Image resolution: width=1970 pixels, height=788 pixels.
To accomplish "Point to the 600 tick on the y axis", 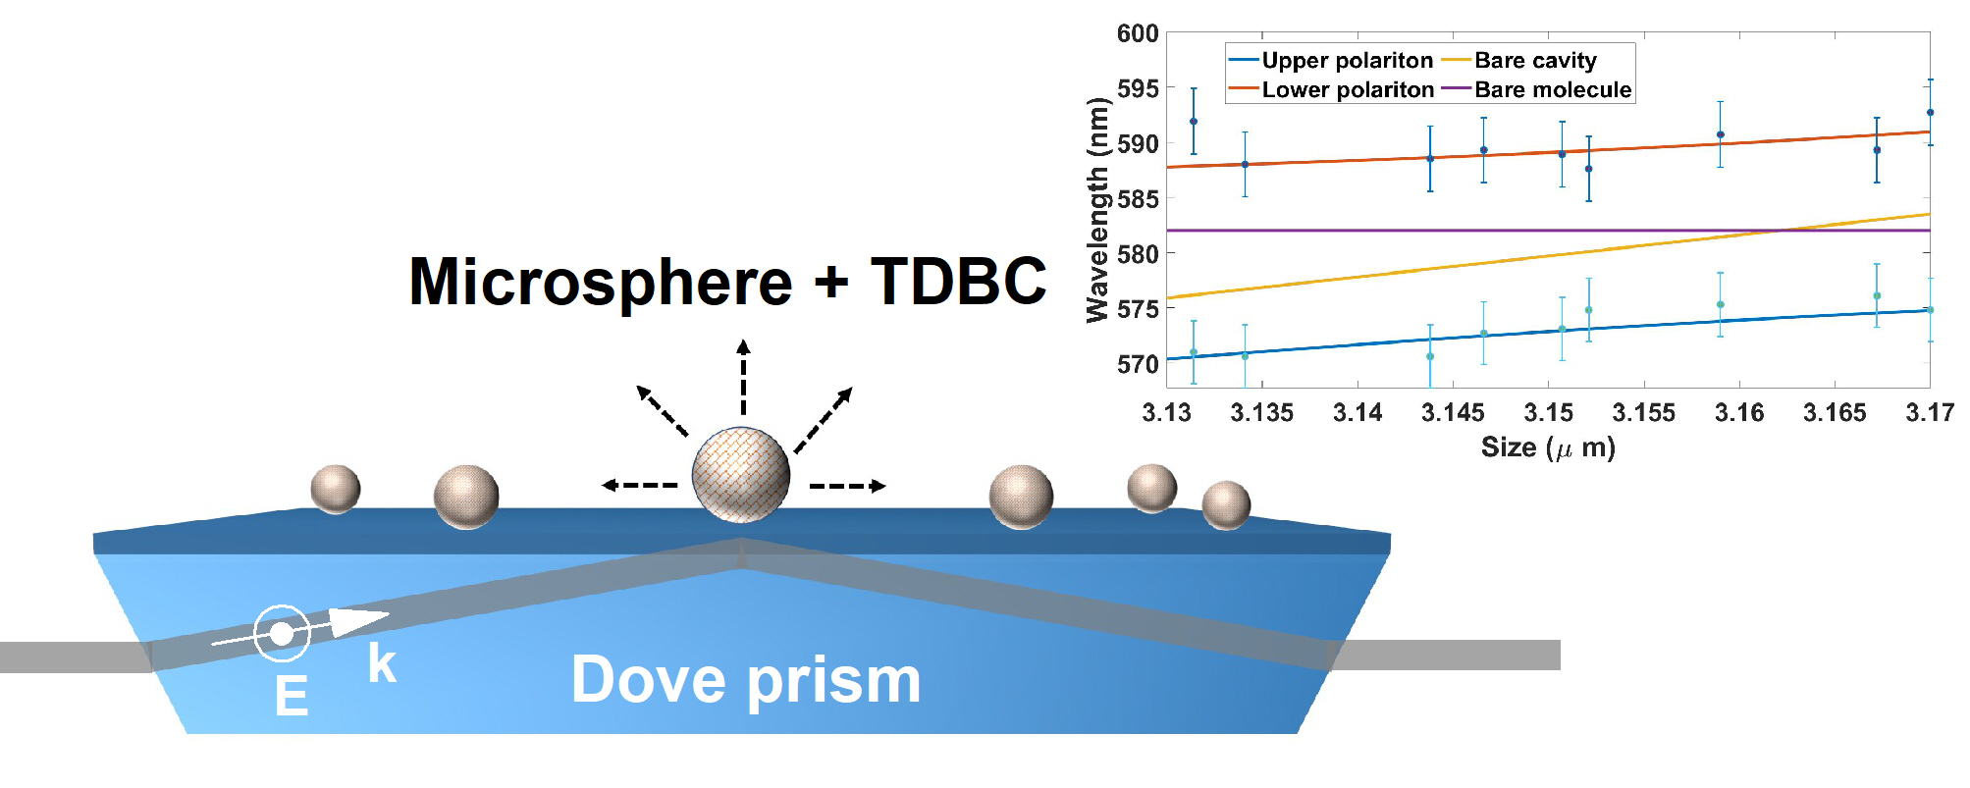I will pyautogui.click(x=1138, y=34).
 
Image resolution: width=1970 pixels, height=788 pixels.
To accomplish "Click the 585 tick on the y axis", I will pyautogui.click(x=1138, y=199).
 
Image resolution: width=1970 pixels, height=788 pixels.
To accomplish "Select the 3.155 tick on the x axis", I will pyautogui.click(x=1643, y=413).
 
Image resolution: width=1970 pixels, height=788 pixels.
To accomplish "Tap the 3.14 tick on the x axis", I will pyautogui.click(x=1358, y=413).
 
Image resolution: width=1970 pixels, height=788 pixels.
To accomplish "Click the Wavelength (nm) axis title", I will pyautogui.click(x=1097, y=210).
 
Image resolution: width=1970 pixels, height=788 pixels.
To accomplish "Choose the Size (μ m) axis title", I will pyautogui.click(x=1548, y=448).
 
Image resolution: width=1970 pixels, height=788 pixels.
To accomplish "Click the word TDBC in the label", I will pyautogui.click(x=958, y=282).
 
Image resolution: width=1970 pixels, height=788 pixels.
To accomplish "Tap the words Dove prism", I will pyautogui.click(x=746, y=680).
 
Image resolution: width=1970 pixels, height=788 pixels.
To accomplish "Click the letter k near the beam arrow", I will pyautogui.click(x=382, y=663).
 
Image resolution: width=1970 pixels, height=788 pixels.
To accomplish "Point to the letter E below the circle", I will pyautogui.click(x=292, y=697).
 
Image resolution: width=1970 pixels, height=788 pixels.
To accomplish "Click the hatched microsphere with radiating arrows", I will pyautogui.click(x=741, y=475).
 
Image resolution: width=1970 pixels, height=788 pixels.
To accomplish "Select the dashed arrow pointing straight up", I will pyautogui.click(x=743, y=377).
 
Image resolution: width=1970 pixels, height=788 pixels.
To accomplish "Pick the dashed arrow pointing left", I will pyautogui.click(x=639, y=485).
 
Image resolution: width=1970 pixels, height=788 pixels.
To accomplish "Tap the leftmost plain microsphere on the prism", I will pyautogui.click(x=336, y=489).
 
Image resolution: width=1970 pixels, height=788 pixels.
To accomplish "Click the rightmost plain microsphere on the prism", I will pyautogui.click(x=1226, y=504).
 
